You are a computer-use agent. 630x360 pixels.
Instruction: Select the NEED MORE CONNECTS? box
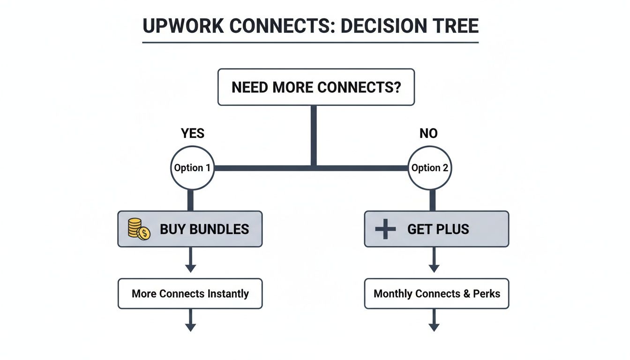316,87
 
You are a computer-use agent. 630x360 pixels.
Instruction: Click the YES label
193,134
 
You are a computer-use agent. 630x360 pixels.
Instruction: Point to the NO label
428,134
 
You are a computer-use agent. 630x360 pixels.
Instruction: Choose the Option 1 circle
192,168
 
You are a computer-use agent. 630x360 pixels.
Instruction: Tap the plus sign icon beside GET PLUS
385,229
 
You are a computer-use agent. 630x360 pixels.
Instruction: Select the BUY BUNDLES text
204,229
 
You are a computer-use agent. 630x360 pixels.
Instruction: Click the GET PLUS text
438,229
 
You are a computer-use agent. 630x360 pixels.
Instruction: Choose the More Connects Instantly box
190,294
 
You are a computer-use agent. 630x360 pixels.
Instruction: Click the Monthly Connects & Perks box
436,294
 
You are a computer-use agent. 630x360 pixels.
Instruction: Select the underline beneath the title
310,43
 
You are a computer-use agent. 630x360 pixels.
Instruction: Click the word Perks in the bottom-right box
486,294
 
